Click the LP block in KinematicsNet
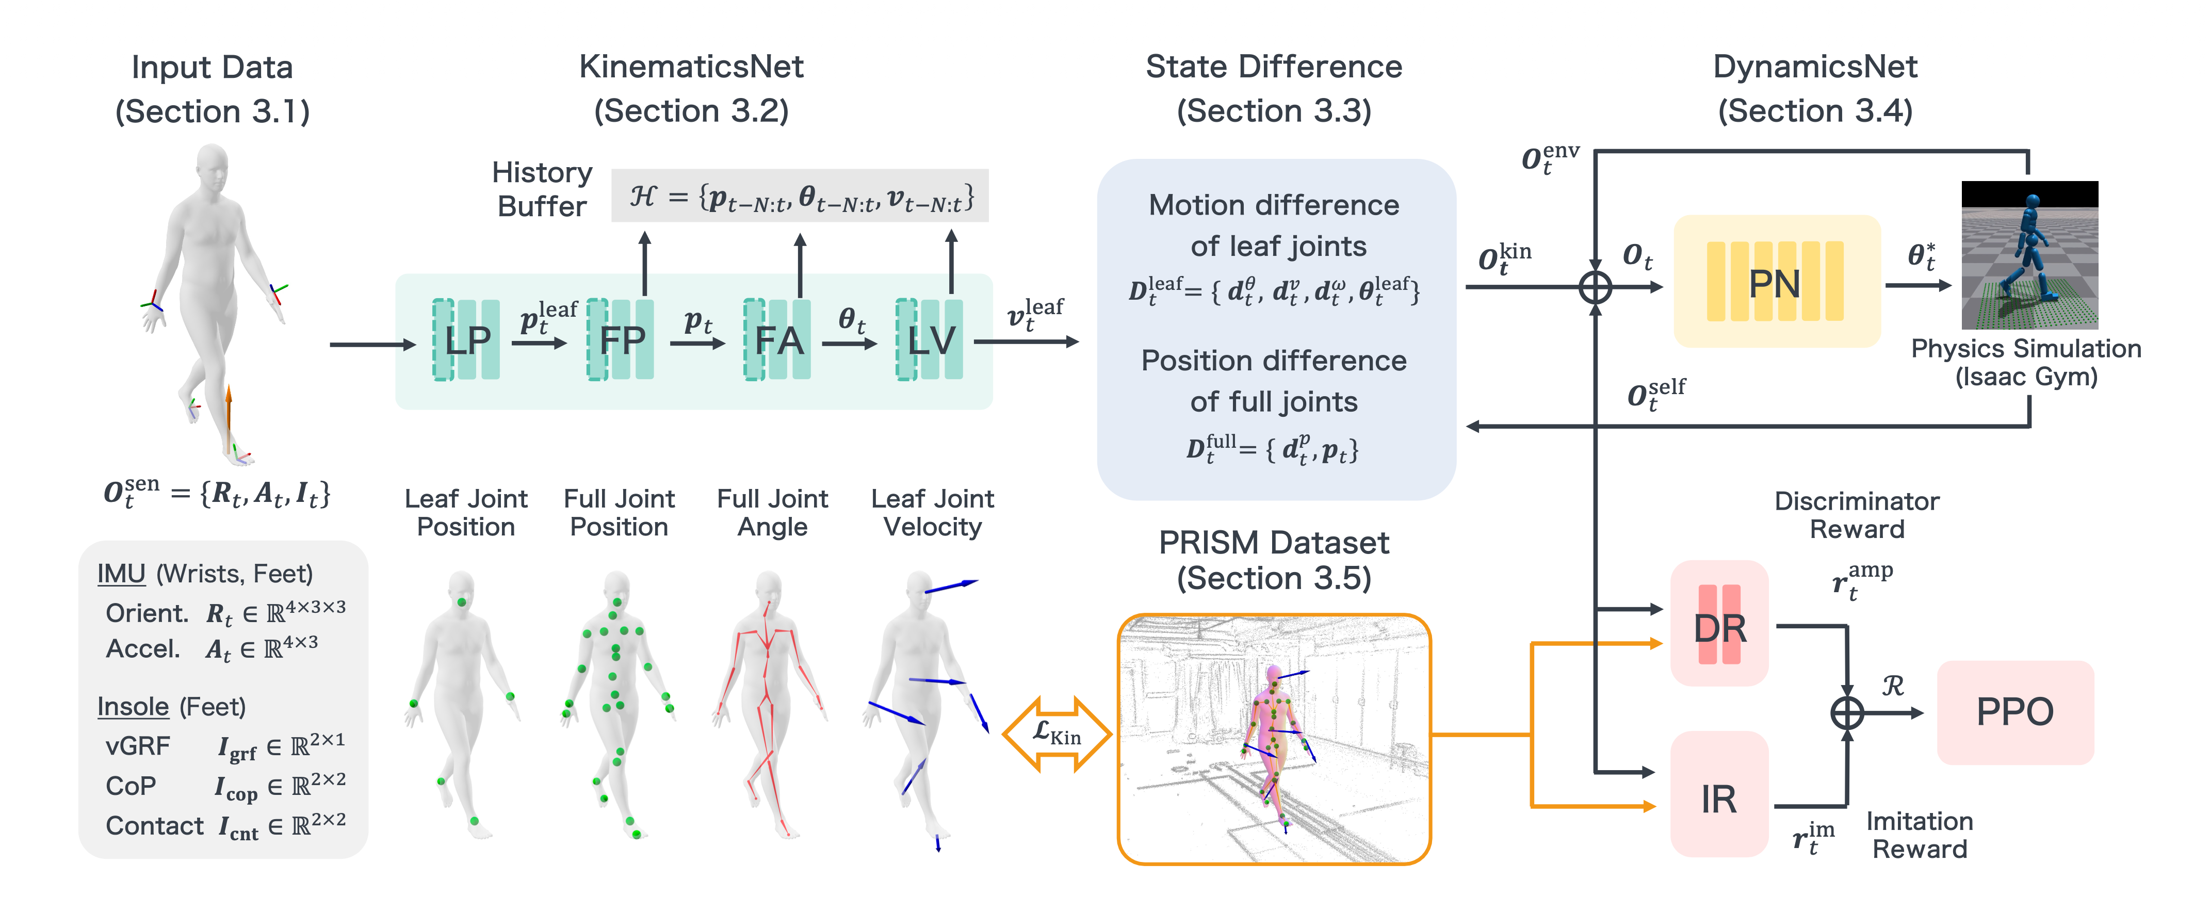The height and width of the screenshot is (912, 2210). coord(467,340)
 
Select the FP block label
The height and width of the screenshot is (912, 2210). coord(621,340)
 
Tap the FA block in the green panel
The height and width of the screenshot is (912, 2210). coord(777,340)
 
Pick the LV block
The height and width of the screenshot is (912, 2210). coord(930,340)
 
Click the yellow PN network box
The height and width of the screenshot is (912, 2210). coord(1776,282)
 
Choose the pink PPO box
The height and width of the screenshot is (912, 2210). coord(2014,712)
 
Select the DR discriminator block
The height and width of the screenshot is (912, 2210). coord(1719,626)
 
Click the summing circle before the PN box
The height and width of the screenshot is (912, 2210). coord(1595,287)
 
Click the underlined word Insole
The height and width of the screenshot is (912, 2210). coord(133,706)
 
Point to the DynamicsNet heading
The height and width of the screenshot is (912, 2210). coord(1814,67)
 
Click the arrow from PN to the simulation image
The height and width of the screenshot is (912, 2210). coord(1918,285)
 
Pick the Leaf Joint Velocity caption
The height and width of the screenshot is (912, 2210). coord(933,512)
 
